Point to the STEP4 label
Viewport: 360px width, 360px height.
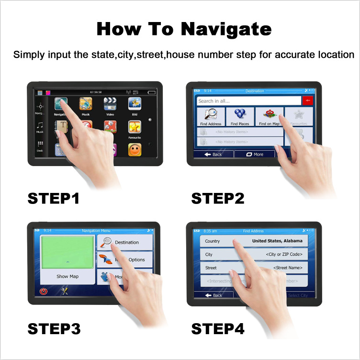pos(218,329)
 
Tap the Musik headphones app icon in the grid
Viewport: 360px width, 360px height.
pos(86,104)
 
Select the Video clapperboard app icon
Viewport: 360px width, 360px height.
pos(110,104)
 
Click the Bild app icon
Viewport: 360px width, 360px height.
pos(135,104)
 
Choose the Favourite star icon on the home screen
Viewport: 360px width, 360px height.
pos(135,127)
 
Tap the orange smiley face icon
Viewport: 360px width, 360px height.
pos(135,150)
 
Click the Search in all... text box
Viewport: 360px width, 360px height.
pos(248,101)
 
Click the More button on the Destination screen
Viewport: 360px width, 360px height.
pos(255,154)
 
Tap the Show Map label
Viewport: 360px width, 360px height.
pos(67,276)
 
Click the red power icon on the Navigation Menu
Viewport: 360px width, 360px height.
pos(44,291)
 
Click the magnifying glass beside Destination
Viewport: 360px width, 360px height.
pos(106,242)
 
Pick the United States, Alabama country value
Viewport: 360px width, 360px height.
pos(277,241)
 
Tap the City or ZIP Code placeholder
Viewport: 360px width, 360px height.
pos(284,254)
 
